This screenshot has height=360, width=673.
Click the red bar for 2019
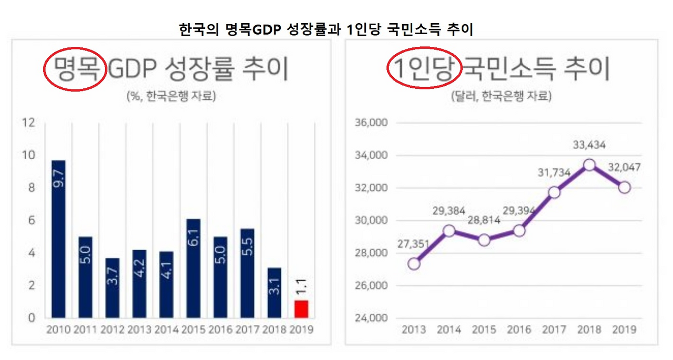click(301, 309)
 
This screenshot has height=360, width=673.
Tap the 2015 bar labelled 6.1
click(193, 268)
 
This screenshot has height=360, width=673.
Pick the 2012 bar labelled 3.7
click(113, 288)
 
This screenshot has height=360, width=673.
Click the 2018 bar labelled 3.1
click(274, 293)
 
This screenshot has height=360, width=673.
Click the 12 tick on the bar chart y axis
click(29, 123)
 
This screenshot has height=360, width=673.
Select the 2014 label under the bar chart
click(166, 330)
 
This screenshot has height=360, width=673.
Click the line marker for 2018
click(589, 165)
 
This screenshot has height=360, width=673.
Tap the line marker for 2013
click(414, 263)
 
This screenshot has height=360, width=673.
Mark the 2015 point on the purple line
click(484, 240)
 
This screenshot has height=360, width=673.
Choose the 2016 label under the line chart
click(519, 330)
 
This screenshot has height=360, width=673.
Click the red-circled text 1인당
click(424, 69)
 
